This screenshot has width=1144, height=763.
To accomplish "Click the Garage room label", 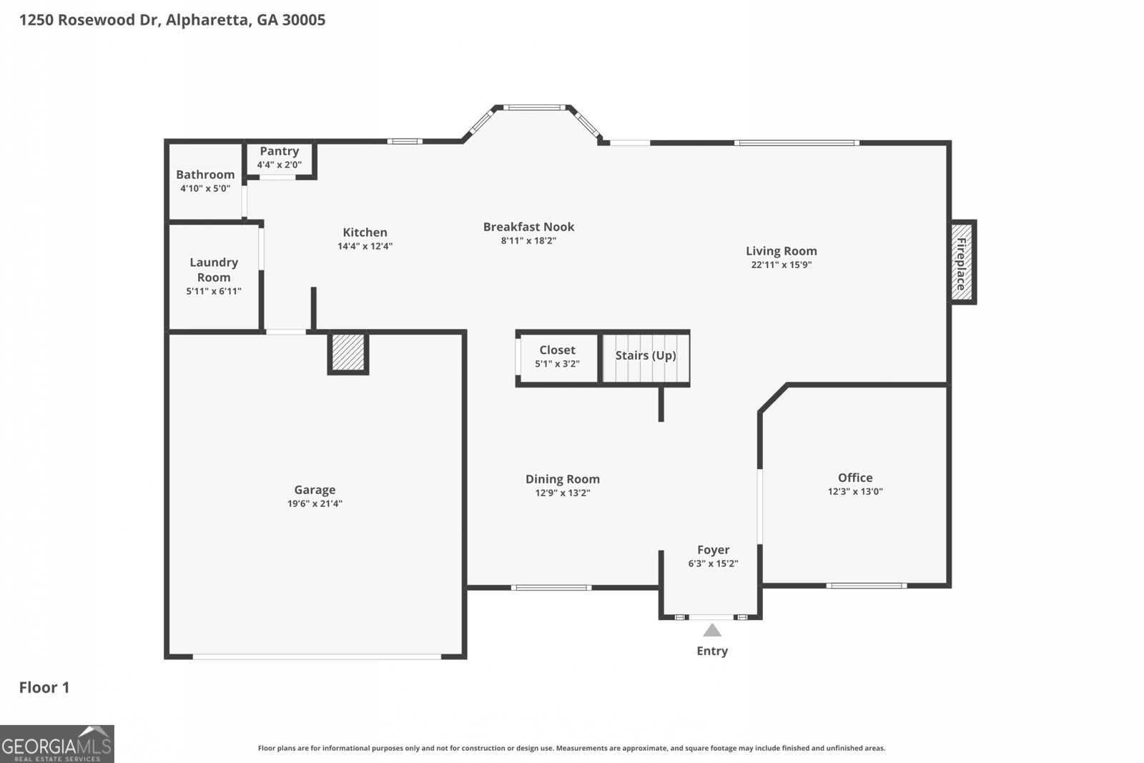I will click(315, 490).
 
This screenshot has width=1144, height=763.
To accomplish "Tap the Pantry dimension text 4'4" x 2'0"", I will click(279, 164).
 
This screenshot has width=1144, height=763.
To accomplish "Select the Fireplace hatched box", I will click(961, 262).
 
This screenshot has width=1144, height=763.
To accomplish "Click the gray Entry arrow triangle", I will click(712, 631).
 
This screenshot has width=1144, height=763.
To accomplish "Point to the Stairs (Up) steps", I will click(646, 358).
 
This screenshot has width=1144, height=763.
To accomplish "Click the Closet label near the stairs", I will click(557, 350).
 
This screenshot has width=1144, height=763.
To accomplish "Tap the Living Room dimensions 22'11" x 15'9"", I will click(781, 265).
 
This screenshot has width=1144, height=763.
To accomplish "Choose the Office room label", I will click(855, 478).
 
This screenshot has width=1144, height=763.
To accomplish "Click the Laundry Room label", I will click(214, 270).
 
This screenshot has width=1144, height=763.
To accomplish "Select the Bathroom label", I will click(205, 174).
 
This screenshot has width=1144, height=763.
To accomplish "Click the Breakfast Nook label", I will click(528, 227).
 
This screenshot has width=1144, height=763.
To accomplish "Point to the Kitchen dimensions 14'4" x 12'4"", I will click(365, 246).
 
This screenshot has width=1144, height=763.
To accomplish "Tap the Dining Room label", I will click(562, 479).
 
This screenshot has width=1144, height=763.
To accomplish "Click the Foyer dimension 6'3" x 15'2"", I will click(713, 563).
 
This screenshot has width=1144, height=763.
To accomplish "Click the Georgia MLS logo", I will click(56, 744).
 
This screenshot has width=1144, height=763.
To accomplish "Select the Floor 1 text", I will click(44, 687).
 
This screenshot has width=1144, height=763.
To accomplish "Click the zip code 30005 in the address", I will click(303, 19).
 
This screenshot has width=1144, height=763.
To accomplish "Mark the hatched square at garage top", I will click(348, 353).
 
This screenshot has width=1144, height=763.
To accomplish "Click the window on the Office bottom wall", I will click(866, 586).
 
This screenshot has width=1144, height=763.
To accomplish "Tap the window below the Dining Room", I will click(551, 588).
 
